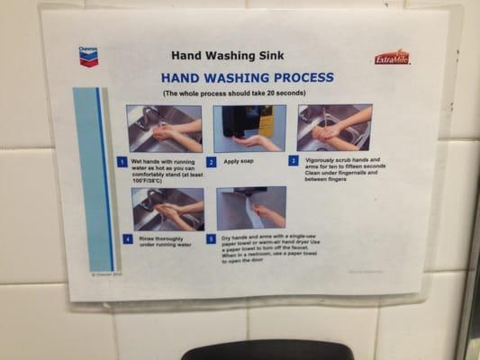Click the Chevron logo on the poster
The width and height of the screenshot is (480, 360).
tap(88, 57)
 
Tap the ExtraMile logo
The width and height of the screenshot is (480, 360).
tap(392, 57)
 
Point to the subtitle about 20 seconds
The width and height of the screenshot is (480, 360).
tap(234, 93)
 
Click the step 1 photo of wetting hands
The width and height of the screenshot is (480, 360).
tap(164, 128)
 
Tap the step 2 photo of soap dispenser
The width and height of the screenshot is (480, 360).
tap(249, 128)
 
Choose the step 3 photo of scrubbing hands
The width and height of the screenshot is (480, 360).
tap(333, 127)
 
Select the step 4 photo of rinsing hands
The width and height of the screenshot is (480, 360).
tap(168, 209)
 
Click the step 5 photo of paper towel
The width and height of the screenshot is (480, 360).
tap(251, 208)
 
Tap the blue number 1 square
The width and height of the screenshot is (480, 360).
tap(122, 162)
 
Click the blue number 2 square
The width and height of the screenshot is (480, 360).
tap(211, 162)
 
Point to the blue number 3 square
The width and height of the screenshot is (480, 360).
tap(294, 161)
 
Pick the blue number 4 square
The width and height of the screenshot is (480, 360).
tap(127, 239)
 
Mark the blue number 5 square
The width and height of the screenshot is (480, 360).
tap(211, 239)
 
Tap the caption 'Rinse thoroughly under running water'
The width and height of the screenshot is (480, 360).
tap(167, 241)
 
